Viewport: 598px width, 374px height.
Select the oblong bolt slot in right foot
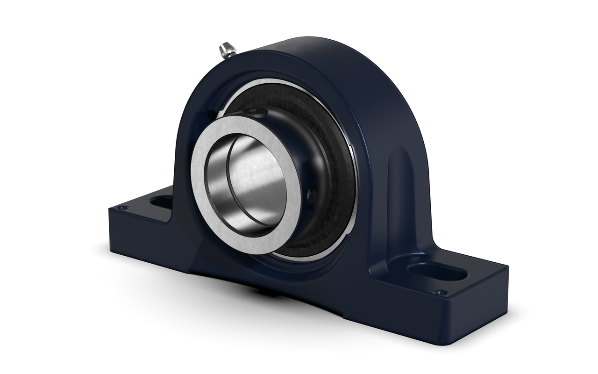click(436, 271)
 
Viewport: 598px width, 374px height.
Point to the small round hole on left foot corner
click(123, 208)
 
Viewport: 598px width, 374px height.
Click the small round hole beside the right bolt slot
click(438, 293)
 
